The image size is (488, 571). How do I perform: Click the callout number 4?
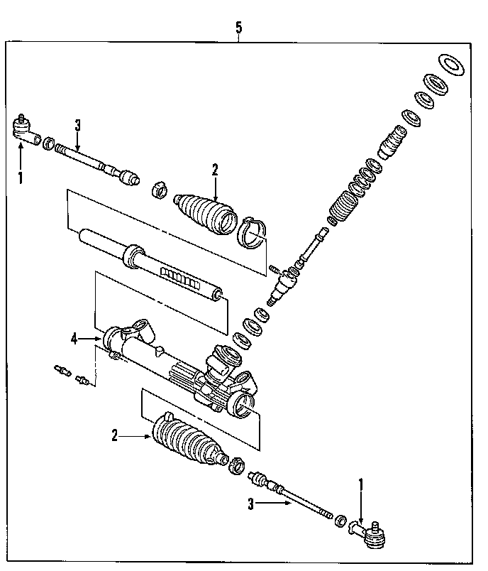coord(73,339)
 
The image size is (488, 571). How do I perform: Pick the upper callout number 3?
coord(78,125)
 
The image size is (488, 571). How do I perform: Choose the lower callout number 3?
coord(250,505)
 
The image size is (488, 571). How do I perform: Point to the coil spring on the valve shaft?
coord(342,201)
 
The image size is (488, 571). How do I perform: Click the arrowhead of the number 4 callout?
coord(101,339)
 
